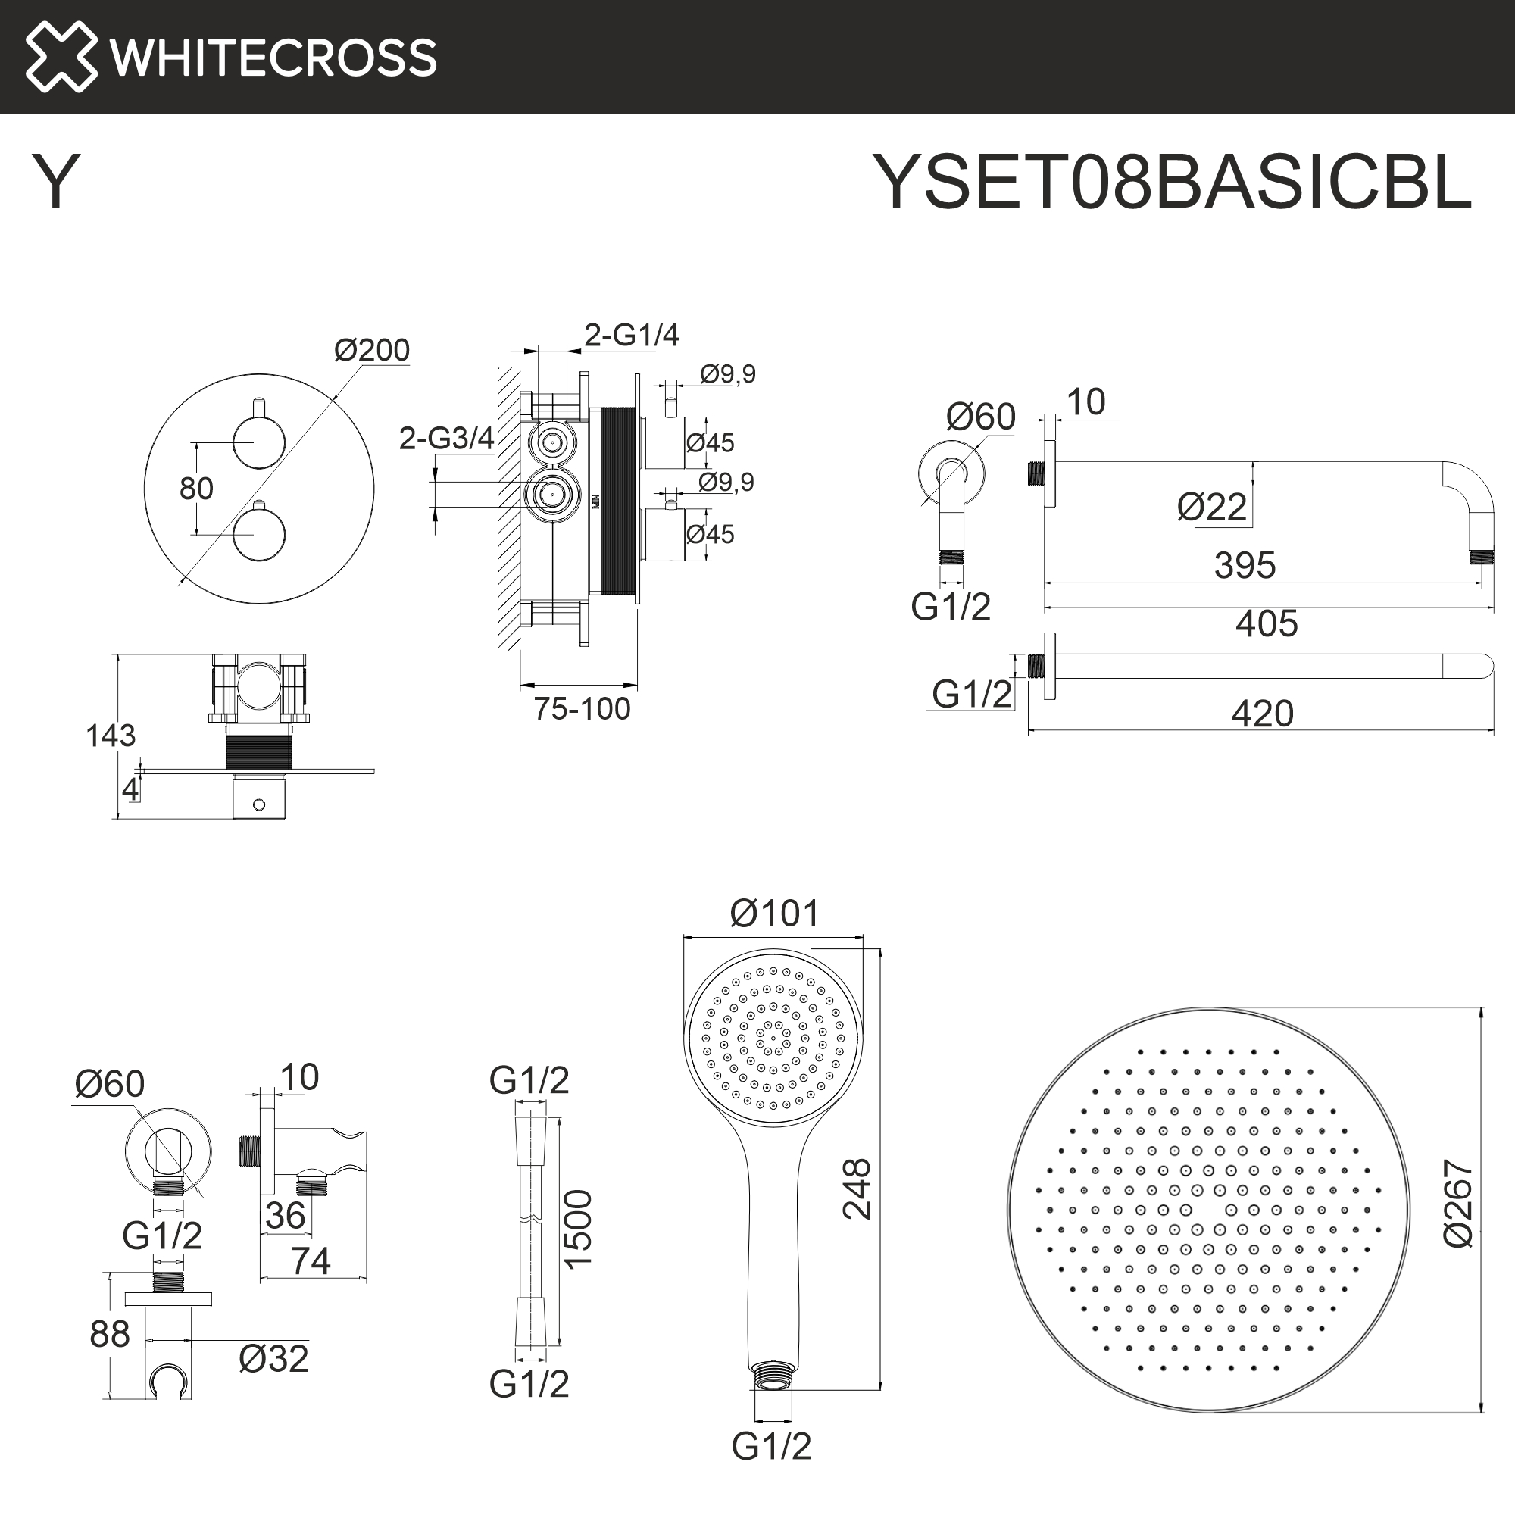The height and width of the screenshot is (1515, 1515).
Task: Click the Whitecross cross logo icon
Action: (x=61, y=57)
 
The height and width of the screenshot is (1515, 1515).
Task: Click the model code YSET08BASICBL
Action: (x=1173, y=182)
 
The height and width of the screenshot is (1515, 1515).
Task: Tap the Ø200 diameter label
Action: (x=372, y=350)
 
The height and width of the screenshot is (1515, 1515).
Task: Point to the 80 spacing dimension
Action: (x=196, y=489)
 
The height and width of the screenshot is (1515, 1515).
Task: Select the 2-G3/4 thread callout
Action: (x=446, y=439)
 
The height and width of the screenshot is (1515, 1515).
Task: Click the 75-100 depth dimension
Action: (x=582, y=709)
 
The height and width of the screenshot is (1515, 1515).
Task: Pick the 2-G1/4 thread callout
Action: (x=631, y=336)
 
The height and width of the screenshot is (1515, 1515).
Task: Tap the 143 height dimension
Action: (x=111, y=736)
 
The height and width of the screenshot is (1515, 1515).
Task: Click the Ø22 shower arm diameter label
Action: (x=1211, y=508)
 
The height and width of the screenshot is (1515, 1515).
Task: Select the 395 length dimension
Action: (x=1245, y=564)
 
